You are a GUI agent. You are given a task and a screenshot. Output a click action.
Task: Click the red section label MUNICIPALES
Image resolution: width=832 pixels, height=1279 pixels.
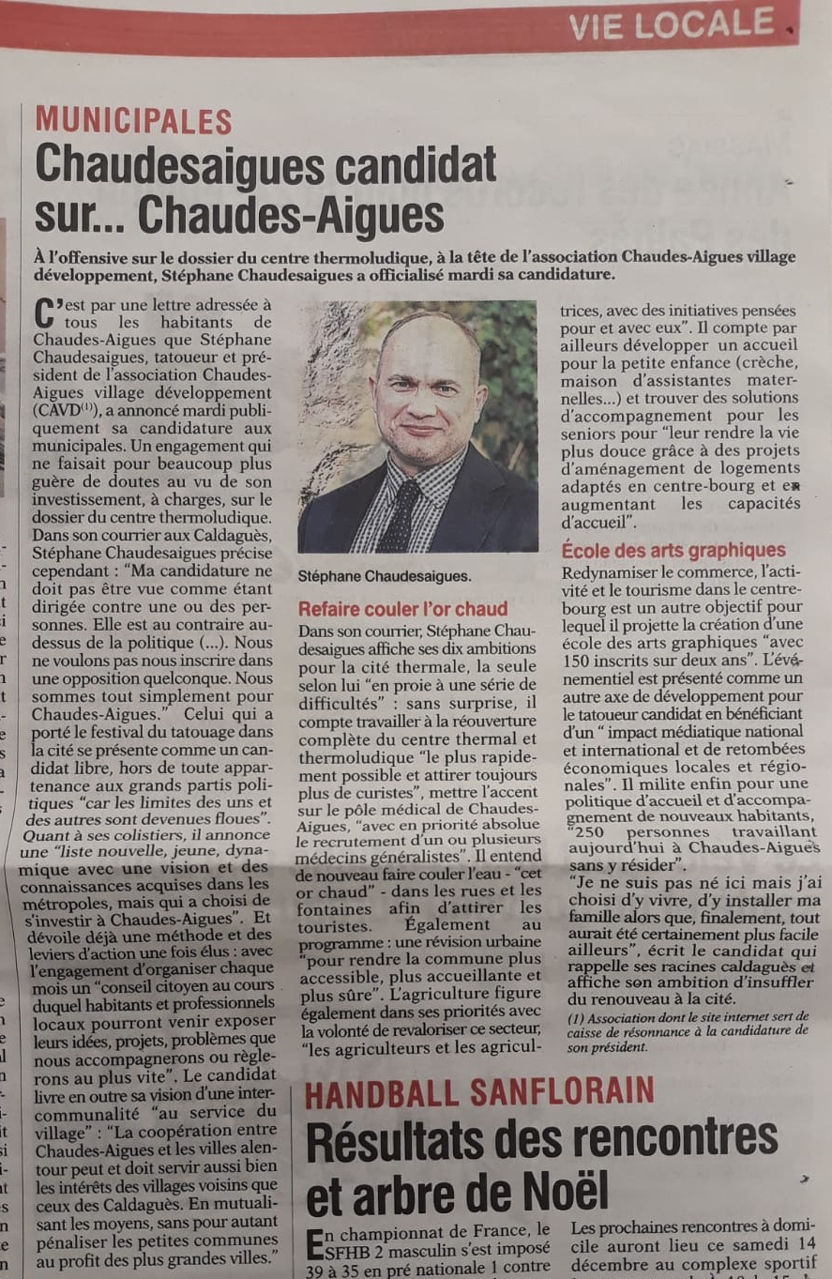click(133, 121)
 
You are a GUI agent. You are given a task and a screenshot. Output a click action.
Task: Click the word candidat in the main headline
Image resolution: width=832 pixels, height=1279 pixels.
click(416, 167)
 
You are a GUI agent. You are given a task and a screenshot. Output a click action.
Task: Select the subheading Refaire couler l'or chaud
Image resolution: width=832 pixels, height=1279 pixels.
click(402, 608)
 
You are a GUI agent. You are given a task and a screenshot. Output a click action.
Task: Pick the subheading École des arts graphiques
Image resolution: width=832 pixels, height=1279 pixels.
click(673, 550)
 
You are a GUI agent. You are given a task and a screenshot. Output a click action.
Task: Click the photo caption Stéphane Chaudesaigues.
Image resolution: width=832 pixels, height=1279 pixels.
click(385, 575)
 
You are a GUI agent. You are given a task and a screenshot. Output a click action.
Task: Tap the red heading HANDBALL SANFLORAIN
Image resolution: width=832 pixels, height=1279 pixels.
click(479, 1092)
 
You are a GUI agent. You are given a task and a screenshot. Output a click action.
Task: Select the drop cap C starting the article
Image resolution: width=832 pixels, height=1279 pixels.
click(42, 312)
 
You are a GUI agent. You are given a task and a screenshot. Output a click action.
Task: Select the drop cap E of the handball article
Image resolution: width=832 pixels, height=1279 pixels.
click(316, 1242)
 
